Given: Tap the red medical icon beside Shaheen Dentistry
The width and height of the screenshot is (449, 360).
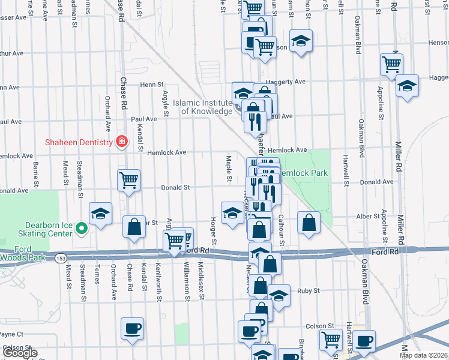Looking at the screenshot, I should pos(122,142).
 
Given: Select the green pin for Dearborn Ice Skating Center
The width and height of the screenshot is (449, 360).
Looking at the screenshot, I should pos(85,227).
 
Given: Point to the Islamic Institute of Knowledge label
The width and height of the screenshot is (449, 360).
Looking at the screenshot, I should pos(202,107).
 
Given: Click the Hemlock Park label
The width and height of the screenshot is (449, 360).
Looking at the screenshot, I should pos(307,173).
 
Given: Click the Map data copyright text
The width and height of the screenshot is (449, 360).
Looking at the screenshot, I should pos(422,355).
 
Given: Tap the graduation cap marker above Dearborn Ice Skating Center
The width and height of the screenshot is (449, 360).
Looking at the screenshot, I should pos(101,214).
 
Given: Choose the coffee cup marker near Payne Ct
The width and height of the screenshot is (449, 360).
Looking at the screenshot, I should pos(132,329).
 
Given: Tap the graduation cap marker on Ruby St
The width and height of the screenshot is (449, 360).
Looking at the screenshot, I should pos(279,295).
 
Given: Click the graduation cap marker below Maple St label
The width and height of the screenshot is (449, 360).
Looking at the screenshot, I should pos(232,213).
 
